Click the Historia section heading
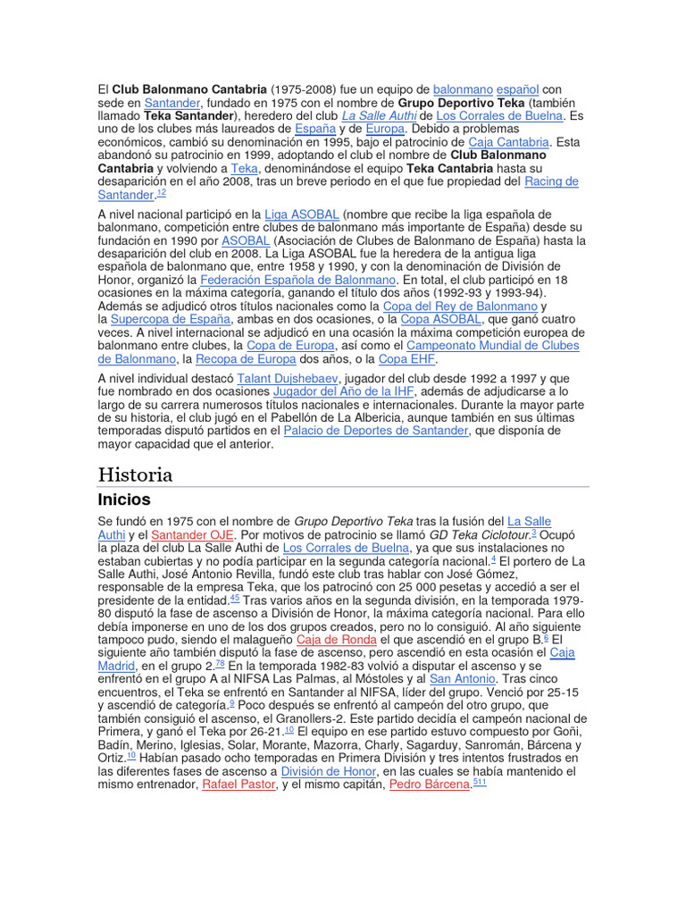click(x=135, y=474)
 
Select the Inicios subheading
click(x=124, y=499)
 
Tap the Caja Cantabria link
click(x=508, y=141)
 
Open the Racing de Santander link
click(x=550, y=181)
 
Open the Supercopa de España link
click(x=171, y=319)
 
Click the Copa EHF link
click(x=406, y=358)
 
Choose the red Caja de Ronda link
click(x=336, y=640)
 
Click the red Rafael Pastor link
click(x=238, y=784)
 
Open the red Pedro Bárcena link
click(x=429, y=784)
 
